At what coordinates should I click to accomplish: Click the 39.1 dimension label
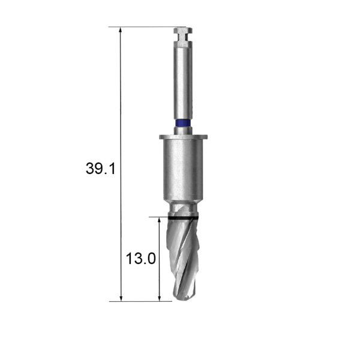click(x=100, y=168)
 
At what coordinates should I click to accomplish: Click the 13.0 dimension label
click(x=141, y=258)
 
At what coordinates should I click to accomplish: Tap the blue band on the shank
click(x=183, y=123)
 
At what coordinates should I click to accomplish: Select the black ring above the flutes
click(x=183, y=218)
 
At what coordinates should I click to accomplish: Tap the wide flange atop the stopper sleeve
click(x=183, y=137)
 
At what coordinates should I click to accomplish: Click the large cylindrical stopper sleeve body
click(x=183, y=169)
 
